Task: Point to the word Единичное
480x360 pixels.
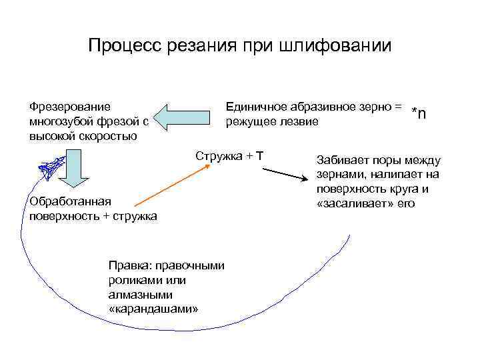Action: point(255,106)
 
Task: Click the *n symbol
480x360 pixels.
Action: point(419,113)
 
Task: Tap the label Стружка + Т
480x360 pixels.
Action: point(230,156)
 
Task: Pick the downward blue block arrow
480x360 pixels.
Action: point(75,175)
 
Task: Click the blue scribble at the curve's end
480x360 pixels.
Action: point(51,166)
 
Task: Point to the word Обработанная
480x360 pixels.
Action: point(65,201)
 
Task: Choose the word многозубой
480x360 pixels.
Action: point(58,121)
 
